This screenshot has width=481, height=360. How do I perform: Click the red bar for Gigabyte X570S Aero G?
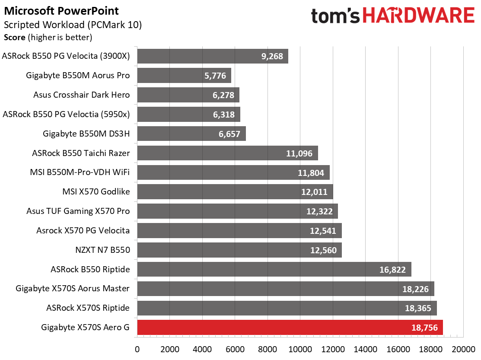290,327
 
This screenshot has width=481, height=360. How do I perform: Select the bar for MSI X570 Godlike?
235,191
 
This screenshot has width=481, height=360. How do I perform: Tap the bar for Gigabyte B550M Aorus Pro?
184,76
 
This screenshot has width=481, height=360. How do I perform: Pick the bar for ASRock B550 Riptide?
274,269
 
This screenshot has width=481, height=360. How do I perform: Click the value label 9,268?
272,57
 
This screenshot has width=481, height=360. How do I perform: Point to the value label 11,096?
299,153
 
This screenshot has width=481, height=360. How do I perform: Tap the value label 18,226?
415,289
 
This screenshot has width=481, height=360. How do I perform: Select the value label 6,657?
229,134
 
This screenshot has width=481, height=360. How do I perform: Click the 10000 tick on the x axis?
300,349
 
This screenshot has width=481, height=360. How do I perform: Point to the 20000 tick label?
464,349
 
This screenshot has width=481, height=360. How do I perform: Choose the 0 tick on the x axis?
137,349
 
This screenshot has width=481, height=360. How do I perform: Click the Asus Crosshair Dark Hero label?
81,95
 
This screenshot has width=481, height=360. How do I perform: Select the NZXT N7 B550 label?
102,250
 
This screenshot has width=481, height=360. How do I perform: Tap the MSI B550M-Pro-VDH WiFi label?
80,172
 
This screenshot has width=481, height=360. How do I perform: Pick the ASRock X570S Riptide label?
88,308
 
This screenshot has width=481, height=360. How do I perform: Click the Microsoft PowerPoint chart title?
61,11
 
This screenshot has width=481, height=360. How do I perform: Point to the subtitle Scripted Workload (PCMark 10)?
73,25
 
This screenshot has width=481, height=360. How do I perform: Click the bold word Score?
14,38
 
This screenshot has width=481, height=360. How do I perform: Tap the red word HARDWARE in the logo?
419,15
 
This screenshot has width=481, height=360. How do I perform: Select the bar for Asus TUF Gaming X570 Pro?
237,211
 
